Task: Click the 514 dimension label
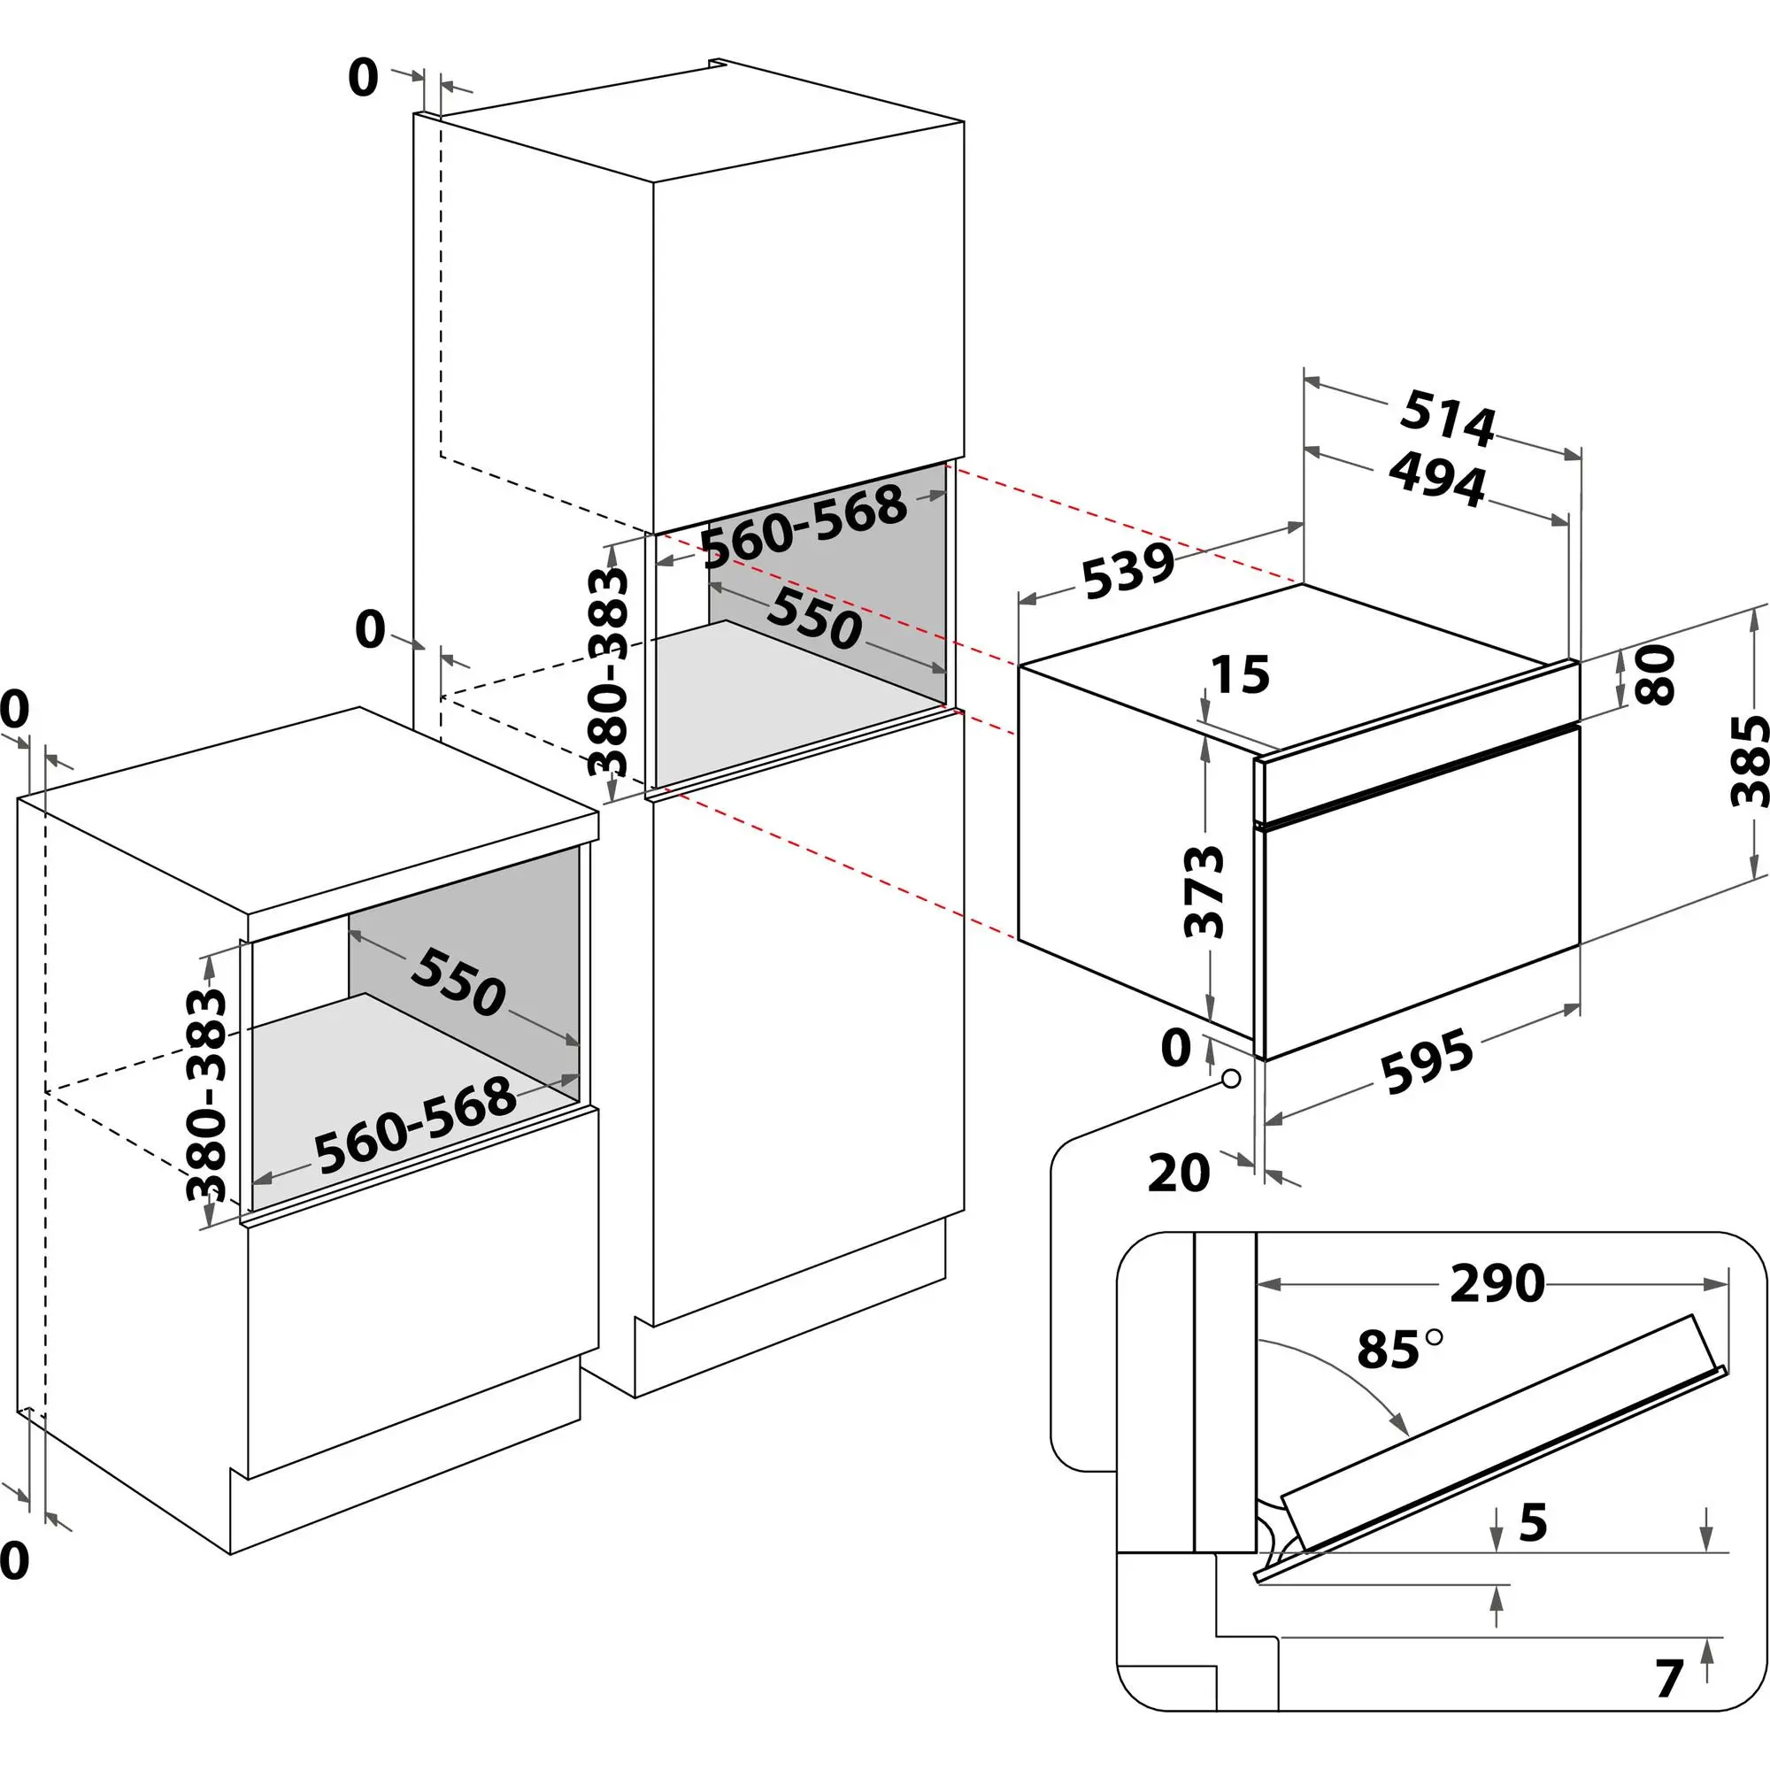coord(1447,418)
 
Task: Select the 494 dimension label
coord(1436,478)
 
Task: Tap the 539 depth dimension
coord(1127,571)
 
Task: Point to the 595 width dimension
coord(1428,1062)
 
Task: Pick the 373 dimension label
coord(1204,892)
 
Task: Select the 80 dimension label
coord(1655,674)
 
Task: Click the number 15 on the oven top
coord(1241,674)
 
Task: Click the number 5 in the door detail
coord(1533,1522)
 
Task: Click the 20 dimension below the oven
coord(1178,1173)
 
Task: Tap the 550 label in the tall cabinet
coord(814,618)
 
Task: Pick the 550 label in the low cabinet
coord(458,983)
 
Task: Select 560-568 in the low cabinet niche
coord(414,1127)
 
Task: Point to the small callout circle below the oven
coord(1231,1078)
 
